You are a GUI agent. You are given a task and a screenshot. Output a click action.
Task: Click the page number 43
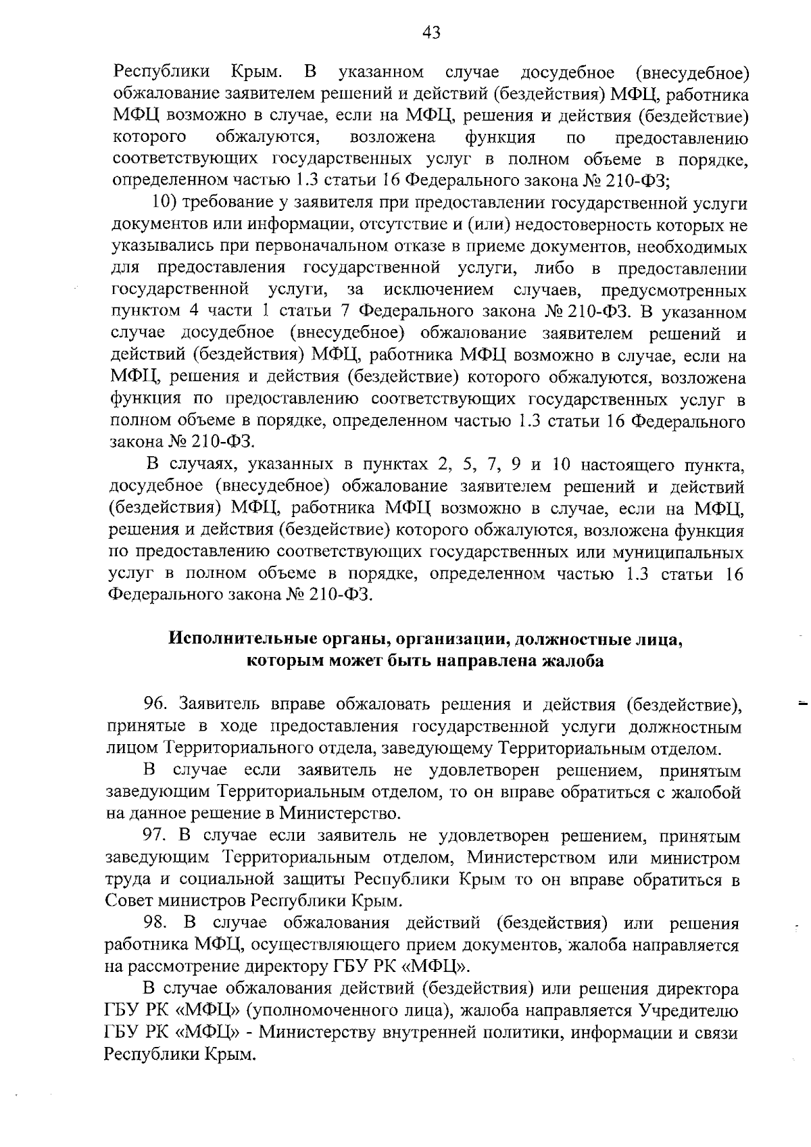pyautogui.click(x=431, y=32)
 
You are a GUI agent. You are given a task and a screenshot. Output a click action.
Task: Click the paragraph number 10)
pyautogui.click(x=165, y=203)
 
